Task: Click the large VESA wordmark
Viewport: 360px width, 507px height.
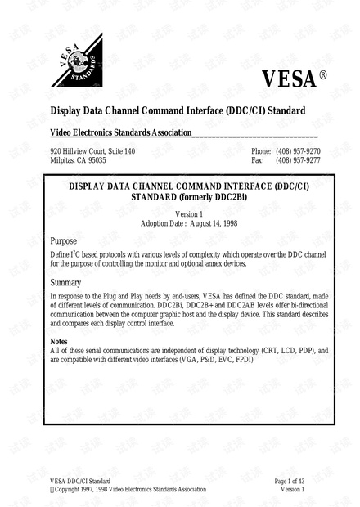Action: (288, 79)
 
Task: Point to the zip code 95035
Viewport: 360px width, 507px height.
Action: (97, 161)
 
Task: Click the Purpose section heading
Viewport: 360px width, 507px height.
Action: (64, 241)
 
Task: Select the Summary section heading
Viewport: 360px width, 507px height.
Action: (65, 282)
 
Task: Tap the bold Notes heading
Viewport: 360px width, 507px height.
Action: (58, 341)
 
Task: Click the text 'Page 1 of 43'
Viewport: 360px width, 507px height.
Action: (290, 481)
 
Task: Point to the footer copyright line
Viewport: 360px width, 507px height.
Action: (128, 489)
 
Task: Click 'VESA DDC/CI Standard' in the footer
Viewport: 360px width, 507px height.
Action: (80, 481)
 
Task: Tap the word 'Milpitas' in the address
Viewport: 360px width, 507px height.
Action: (63, 161)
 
